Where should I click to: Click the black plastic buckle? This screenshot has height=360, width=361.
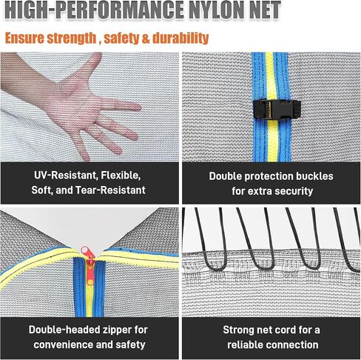coord(277,109)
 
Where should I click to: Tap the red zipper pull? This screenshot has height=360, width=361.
coord(90,264)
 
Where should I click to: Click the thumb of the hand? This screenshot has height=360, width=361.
coord(92,64)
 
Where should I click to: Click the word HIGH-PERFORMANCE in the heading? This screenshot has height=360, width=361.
coord(94,10)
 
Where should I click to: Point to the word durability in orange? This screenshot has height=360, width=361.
coord(180,39)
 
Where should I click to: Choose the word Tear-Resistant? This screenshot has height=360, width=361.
coord(110,190)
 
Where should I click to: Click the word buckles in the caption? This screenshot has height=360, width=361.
coord(314,176)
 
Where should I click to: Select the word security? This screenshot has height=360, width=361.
coord(292,191)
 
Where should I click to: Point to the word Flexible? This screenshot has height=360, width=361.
coord(121,176)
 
